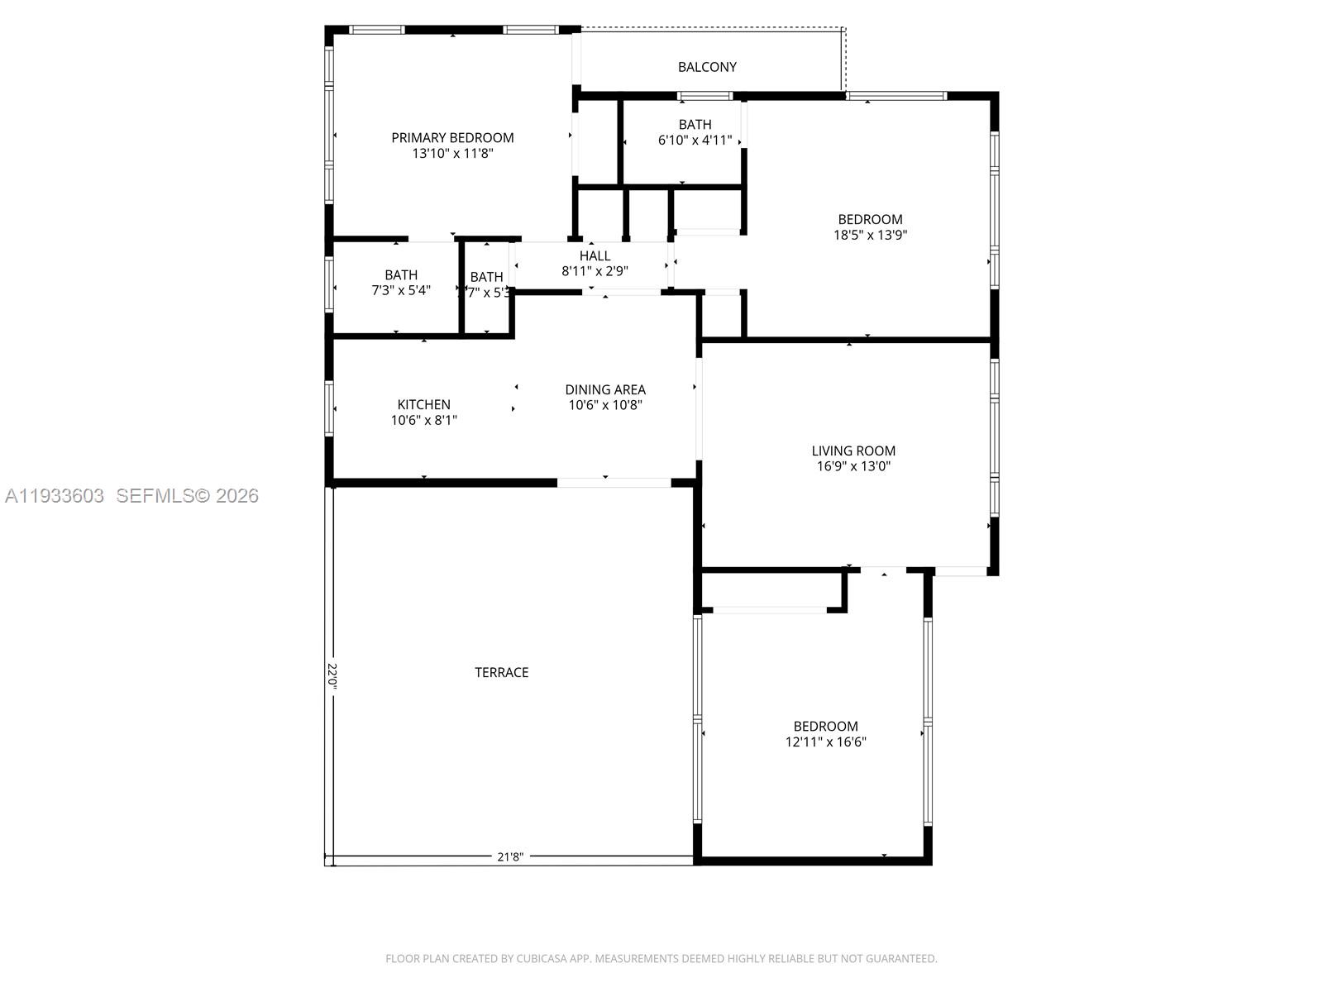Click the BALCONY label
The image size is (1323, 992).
coord(707,67)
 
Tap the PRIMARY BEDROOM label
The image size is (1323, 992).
coord(452,138)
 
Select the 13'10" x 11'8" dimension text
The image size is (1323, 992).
coord(452,154)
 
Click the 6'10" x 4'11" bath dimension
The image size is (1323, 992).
coord(695,141)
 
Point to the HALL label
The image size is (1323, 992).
coord(595,256)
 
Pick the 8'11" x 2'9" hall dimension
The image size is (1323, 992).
coord(595,271)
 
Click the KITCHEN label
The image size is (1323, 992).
coord(423,404)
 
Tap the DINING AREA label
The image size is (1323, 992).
coord(605,389)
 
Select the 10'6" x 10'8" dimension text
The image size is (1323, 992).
coord(605,405)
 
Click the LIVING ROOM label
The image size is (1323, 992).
coord(853,451)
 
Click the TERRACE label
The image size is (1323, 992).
coord(501,673)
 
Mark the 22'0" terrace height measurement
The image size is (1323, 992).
coord(332,675)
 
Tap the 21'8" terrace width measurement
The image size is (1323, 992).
coord(510,857)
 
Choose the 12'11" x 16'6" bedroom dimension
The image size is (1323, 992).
coord(825,742)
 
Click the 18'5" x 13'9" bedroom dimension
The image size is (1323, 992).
coord(870,235)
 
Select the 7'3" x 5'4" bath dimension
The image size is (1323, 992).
coord(401,290)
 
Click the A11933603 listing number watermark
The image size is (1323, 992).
coord(55,496)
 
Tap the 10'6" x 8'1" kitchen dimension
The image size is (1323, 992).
coord(423,420)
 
